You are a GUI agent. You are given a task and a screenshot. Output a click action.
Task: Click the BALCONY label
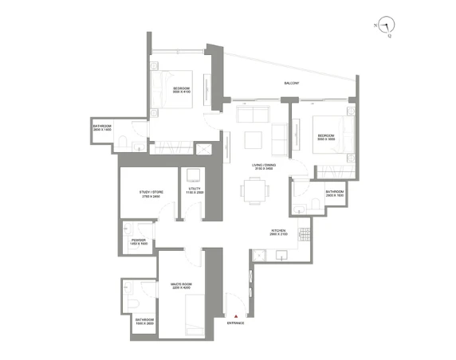click(293, 84)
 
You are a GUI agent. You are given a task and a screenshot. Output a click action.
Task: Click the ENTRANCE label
click(236, 323)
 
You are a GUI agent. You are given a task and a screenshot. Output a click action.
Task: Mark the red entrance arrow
click(236, 316)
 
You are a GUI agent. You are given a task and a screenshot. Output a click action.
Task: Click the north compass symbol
click(386, 25)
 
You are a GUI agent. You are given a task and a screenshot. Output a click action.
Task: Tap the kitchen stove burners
click(303, 235)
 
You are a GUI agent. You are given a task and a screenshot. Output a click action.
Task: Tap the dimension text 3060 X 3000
click(327, 139)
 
